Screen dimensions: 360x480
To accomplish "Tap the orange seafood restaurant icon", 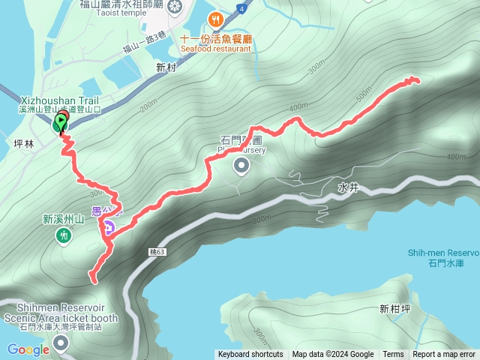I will point(216,19).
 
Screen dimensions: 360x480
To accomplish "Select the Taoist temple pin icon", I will point(175,8).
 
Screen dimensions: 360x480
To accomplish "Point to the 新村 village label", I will point(166,67).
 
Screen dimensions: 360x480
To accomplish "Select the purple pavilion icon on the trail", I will point(109,228).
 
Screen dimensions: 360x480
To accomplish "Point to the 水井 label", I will point(349,187).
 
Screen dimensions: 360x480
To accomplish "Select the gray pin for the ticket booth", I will point(61,343).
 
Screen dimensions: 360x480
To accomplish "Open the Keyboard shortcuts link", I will point(250,355).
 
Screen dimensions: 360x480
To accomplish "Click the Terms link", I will point(393,355).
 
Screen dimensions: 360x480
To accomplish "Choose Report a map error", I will point(445,355).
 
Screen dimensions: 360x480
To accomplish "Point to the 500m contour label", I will point(364,96).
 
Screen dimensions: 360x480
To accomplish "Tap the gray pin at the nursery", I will point(241,165).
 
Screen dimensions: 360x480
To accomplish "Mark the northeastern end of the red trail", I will point(415,79).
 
